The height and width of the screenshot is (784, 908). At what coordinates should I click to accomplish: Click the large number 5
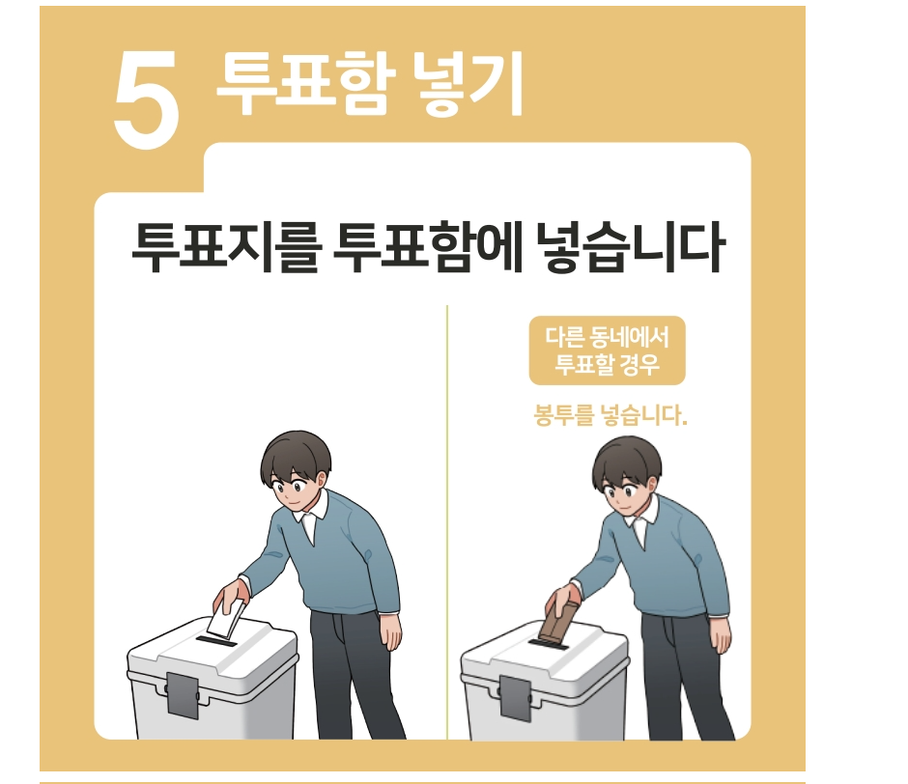146,98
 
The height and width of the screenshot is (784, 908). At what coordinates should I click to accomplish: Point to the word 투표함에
429,247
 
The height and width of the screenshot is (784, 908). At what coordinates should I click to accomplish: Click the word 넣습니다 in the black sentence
631,247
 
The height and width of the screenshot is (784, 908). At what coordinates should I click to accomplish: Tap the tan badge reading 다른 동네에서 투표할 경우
607,350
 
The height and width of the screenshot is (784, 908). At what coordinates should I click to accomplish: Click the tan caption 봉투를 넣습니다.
610,415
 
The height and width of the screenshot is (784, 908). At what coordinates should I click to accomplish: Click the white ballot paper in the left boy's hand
226,618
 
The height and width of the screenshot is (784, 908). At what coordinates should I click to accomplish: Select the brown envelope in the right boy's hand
559,621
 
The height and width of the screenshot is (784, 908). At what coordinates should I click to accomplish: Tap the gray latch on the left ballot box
183,695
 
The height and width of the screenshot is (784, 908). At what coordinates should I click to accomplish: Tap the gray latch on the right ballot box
515,698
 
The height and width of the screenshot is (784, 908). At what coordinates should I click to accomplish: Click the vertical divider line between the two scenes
447,522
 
